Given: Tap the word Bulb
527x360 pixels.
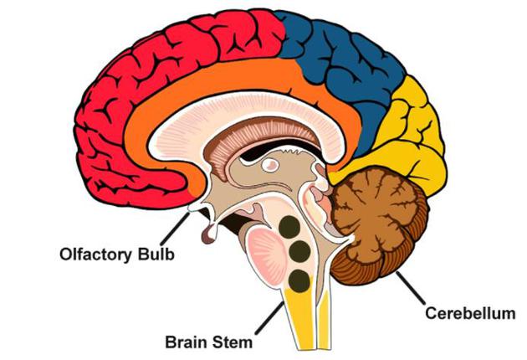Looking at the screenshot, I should pyautogui.click(x=156, y=253).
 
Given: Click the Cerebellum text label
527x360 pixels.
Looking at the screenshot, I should pyautogui.click(x=468, y=314).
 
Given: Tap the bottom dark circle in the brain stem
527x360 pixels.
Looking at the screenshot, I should pyautogui.click(x=299, y=281).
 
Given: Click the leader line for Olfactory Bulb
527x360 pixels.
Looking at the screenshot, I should pyautogui.click(x=182, y=227).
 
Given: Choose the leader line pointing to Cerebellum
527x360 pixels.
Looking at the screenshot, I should pyautogui.click(x=409, y=288).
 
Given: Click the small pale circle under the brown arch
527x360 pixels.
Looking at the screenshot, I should pyautogui.click(x=271, y=166).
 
